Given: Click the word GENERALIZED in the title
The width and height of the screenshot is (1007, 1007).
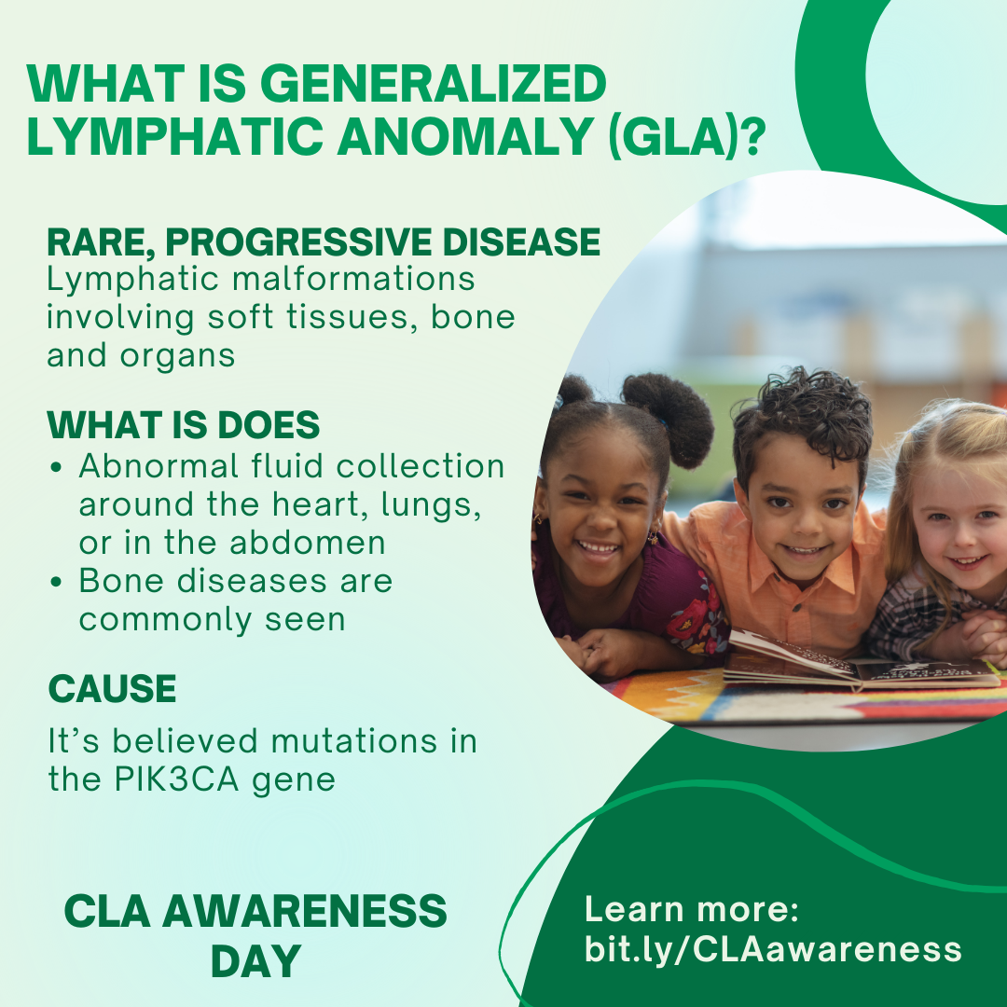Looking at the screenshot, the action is [433, 83].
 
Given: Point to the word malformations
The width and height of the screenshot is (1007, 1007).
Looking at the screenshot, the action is [353, 280].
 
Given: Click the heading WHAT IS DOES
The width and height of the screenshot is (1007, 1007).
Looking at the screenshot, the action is [183, 424].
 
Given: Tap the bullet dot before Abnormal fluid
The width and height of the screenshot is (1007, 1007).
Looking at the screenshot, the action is [56, 467].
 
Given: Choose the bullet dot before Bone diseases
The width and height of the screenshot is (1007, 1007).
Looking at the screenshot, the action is [56, 582].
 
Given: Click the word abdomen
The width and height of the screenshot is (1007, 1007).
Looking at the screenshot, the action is [307, 543].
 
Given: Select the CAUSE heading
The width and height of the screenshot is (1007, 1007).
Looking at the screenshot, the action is [113, 689].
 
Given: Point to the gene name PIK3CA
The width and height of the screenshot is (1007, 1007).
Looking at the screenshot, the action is [176, 779].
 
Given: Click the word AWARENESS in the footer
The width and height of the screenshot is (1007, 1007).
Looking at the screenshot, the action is [304, 911].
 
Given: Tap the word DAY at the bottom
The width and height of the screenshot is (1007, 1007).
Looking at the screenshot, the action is [255, 961].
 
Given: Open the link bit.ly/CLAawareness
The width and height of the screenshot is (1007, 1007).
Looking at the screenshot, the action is [773, 950].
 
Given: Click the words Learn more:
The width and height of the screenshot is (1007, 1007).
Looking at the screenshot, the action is [692, 909].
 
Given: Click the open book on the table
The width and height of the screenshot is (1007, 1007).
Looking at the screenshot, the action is [860, 661].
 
